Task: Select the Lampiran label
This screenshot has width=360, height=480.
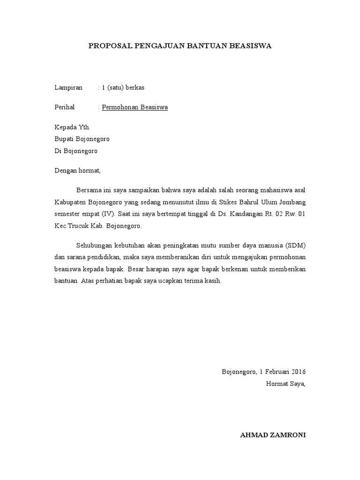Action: (68, 87)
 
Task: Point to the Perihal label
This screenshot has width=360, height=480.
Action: (65, 107)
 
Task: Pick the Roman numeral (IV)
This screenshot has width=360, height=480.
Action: (108, 214)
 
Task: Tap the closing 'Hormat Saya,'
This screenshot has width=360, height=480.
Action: (286, 384)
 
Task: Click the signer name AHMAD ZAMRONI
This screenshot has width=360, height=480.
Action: (273, 435)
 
